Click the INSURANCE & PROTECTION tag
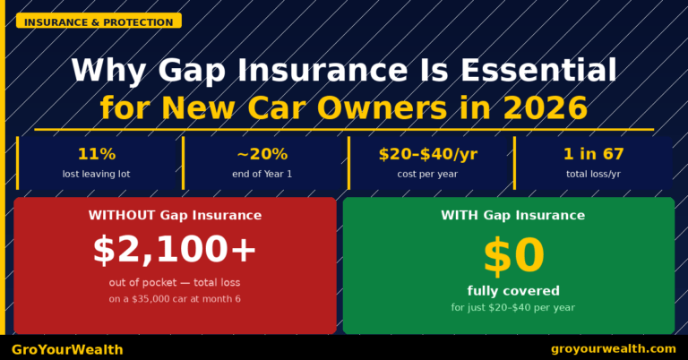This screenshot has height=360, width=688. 99,21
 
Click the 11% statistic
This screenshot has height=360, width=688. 96,154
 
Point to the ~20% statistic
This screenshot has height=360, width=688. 262,154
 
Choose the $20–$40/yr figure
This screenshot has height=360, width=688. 427,154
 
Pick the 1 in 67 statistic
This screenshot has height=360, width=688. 593,154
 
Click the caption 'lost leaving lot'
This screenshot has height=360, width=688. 96,174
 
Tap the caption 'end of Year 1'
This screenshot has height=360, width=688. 262,174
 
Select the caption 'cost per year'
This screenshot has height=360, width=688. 427,174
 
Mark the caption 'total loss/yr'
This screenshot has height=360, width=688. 593,174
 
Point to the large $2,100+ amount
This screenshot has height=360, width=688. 175,251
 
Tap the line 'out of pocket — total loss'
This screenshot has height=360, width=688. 175,283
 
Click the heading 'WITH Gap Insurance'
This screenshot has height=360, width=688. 512,215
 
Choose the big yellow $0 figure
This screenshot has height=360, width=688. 513,256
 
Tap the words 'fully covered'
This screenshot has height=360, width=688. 513,290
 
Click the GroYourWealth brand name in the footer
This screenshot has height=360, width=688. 67,349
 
